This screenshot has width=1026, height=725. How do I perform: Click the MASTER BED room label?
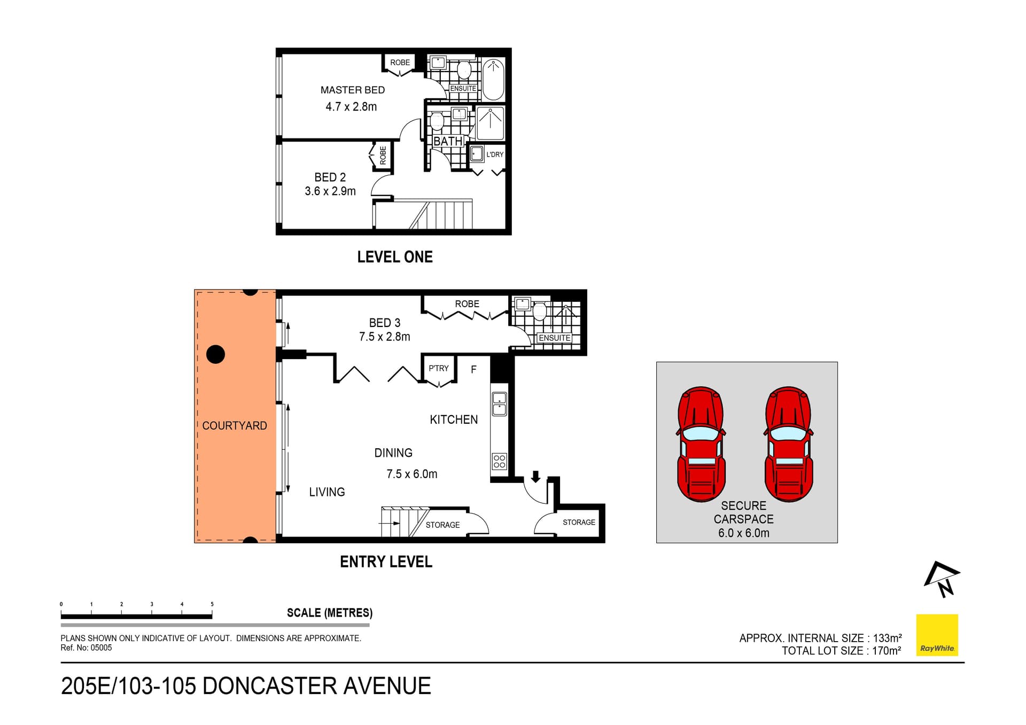point(352,90)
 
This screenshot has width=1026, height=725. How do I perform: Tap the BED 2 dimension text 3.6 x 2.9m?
point(330,191)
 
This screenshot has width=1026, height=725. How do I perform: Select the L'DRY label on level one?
point(495,154)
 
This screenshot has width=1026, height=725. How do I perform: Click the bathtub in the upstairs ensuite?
point(493,80)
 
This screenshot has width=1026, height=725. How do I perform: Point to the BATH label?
point(447,142)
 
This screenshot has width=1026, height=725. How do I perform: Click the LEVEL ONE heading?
point(394,257)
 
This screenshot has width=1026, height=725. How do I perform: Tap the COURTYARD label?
point(234,426)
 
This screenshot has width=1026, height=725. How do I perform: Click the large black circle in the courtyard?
point(215,354)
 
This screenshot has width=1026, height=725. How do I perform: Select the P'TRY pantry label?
point(438,368)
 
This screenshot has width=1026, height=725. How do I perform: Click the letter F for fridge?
point(473,369)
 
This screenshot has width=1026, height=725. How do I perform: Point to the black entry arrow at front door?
point(535,476)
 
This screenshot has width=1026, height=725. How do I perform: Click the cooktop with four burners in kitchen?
point(499,461)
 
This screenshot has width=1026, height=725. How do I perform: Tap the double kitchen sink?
point(499,404)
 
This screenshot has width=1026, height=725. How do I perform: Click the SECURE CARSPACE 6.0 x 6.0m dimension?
point(743,533)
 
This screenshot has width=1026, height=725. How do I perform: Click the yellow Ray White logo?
point(937,635)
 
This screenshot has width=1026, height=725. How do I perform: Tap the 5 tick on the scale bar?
point(212,605)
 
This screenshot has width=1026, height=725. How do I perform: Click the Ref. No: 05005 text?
point(86,648)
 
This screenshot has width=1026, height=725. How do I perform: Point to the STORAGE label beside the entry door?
point(578,522)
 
